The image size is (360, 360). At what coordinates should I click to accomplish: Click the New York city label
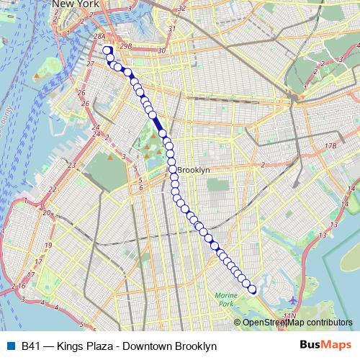(x=73, y=4)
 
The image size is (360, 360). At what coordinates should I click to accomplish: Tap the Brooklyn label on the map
(x=194, y=170)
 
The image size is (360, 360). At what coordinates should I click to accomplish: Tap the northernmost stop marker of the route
(x=107, y=50)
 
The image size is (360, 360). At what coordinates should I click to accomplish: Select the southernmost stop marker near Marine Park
(x=252, y=290)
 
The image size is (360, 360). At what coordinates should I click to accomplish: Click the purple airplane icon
(x=292, y=300)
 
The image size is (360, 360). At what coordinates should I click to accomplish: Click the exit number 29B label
(x=126, y=46)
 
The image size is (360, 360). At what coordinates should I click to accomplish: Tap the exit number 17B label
(x=330, y=146)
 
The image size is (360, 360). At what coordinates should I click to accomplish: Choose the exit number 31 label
(x=172, y=29)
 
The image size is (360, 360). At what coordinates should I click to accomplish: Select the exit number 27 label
(x=91, y=64)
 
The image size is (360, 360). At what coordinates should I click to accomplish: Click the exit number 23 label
(x=72, y=166)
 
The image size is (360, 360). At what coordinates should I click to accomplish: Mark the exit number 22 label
(x=53, y=189)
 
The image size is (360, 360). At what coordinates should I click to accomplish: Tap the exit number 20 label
(x=47, y=212)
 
